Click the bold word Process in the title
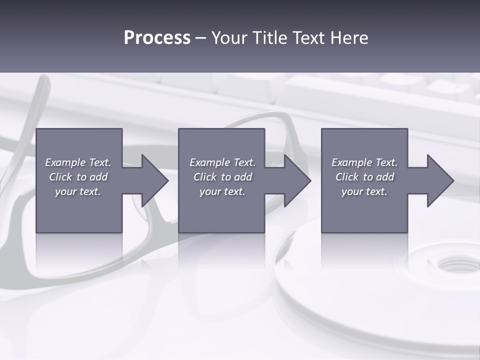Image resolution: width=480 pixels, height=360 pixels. pyautogui.click(x=157, y=38)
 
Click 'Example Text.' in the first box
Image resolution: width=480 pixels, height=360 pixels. pyautogui.click(x=78, y=162)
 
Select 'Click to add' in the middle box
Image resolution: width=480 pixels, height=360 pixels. pyautogui.click(x=222, y=177)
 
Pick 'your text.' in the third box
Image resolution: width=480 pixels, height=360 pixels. pyautogui.click(x=364, y=191)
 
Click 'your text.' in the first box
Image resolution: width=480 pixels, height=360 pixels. pyautogui.click(x=78, y=191)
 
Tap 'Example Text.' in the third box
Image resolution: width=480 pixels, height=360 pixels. pyautogui.click(x=364, y=162)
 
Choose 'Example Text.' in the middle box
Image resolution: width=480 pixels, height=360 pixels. pyautogui.click(x=222, y=162)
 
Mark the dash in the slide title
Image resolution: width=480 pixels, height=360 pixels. pyautogui.click(x=200, y=38)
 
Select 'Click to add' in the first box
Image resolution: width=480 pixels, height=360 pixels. pyautogui.click(x=78, y=177)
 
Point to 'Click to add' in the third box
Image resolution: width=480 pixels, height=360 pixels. pyautogui.click(x=364, y=177)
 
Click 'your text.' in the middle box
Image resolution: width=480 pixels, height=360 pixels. pyautogui.click(x=222, y=191)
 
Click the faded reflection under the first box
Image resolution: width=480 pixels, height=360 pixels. pyautogui.click(x=79, y=250)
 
